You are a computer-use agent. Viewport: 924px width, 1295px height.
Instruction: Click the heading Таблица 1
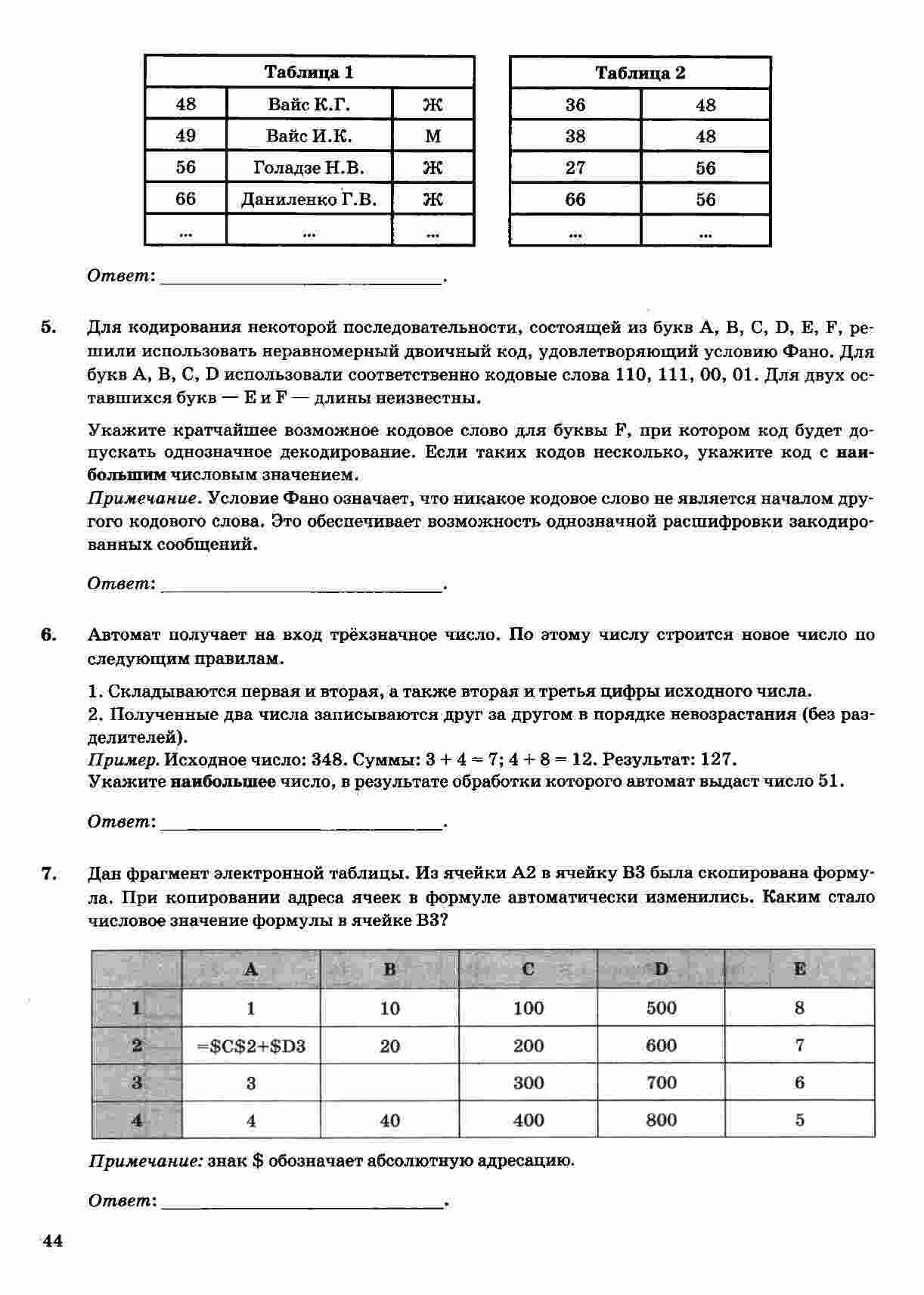(x=309, y=73)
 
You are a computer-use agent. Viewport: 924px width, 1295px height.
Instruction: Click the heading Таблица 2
(x=640, y=73)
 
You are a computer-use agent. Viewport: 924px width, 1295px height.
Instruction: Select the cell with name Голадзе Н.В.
(x=309, y=168)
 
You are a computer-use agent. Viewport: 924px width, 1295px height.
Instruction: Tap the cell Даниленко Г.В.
(x=309, y=200)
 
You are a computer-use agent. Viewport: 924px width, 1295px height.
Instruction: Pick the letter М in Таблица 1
(x=433, y=137)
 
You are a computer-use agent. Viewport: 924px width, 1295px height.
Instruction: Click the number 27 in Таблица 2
(x=575, y=168)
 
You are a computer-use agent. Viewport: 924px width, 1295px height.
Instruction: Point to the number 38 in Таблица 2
(x=575, y=137)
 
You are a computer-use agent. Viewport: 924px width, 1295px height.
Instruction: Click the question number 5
(x=48, y=328)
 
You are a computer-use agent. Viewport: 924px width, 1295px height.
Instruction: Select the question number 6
(x=48, y=635)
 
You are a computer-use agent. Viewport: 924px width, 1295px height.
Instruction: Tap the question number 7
(x=48, y=874)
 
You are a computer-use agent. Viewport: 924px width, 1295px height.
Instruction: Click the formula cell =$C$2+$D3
(x=251, y=1046)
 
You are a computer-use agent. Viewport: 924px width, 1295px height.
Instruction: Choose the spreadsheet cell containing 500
(x=661, y=1008)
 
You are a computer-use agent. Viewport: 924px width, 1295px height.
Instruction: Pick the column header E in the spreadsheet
(x=799, y=969)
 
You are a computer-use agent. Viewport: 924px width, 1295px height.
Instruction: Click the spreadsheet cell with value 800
(x=661, y=1120)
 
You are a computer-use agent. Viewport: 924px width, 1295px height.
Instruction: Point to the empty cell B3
(x=389, y=1083)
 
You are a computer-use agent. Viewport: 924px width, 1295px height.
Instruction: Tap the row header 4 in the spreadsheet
(x=137, y=1120)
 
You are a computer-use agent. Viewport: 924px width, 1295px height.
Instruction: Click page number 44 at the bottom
(x=51, y=1241)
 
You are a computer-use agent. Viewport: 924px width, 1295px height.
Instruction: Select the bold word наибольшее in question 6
(x=223, y=781)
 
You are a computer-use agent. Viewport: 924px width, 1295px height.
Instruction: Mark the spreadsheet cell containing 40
(x=389, y=1120)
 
